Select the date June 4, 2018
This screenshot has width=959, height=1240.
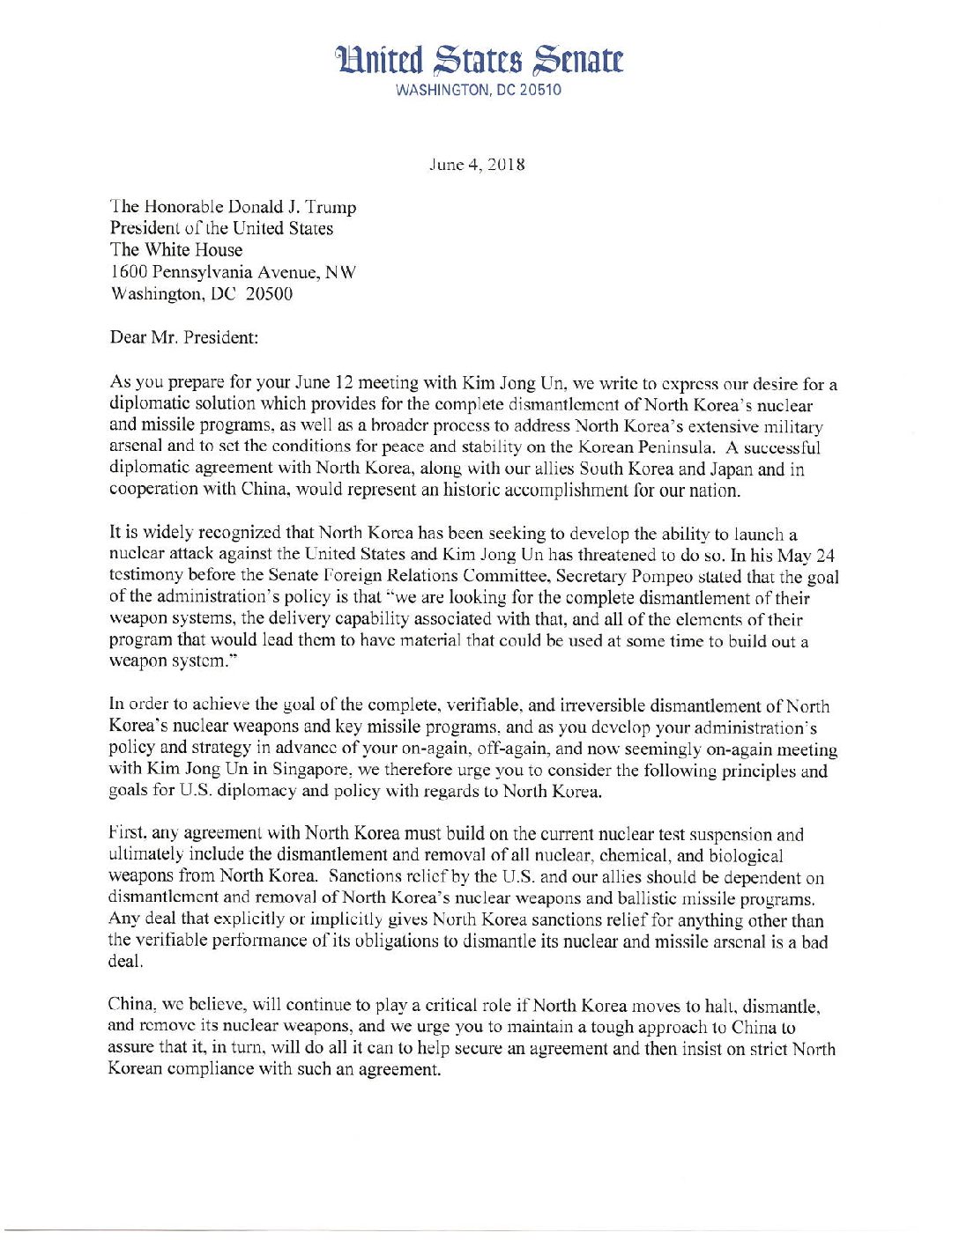(x=477, y=165)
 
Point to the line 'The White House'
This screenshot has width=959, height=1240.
(x=175, y=250)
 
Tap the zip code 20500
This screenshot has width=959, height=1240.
(x=269, y=294)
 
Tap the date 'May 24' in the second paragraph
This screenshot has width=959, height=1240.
(x=807, y=556)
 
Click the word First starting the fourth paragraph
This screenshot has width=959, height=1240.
(x=126, y=833)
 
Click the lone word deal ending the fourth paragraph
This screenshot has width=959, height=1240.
(x=124, y=962)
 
